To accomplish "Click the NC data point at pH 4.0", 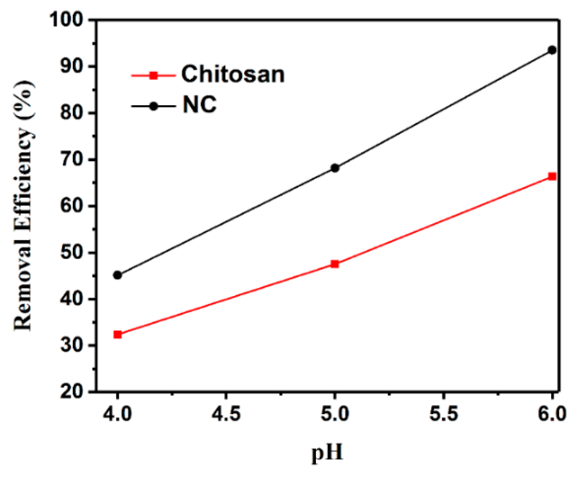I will [117, 275].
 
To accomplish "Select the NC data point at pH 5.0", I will [335, 168].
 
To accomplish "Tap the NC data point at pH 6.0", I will [552, 50].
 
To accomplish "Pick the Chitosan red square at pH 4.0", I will [117, 334].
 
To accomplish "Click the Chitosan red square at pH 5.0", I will [335, 264].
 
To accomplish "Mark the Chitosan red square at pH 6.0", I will [552, 176].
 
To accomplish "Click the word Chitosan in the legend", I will [233, 74].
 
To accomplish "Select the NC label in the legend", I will [199, 105].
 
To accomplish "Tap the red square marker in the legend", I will [153, 76].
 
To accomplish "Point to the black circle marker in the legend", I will [153, 106].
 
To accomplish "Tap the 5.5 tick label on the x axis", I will [443, 414].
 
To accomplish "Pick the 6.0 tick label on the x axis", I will [552, 414].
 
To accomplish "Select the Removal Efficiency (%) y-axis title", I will [23, 206].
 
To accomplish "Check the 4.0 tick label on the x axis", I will [117, 414].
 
